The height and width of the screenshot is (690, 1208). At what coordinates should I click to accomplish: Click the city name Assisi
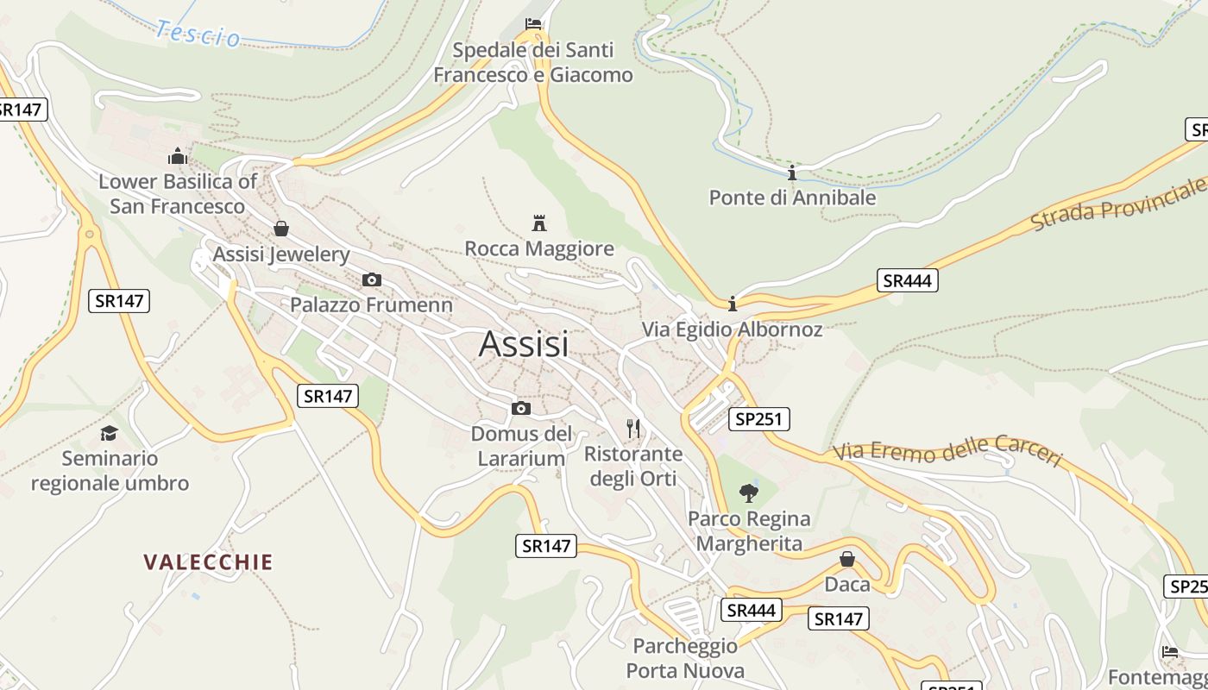point(524,344)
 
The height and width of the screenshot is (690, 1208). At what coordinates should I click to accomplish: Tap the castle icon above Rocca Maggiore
point(539,223)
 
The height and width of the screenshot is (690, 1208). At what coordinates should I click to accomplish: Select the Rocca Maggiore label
point(539,249)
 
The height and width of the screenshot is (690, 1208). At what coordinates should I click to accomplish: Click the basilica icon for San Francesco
point(178,156)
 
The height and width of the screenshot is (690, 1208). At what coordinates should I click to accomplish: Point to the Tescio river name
point(198,34)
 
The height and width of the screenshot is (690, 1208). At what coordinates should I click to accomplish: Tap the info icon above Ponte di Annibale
point(792,172)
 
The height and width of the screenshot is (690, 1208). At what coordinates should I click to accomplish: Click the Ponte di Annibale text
point(792,198)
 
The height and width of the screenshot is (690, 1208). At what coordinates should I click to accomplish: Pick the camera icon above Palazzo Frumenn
point(372,279)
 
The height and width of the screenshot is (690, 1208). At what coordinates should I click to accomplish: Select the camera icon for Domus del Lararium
point(521,408)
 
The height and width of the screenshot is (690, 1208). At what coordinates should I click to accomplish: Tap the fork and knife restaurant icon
point(634,428)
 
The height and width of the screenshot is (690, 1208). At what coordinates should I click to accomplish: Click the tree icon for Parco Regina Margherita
point(749,493)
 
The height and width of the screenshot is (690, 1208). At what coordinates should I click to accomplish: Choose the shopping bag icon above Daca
point(847,559)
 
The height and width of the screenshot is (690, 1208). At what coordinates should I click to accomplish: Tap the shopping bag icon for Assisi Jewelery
point(281,229)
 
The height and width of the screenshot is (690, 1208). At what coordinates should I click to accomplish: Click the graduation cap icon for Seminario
point(110,433)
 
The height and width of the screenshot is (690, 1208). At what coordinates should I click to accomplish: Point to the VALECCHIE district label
point(208,562)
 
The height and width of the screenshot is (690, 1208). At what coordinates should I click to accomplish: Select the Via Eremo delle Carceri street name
point(947,452)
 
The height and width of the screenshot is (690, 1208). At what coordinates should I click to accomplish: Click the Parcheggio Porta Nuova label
point(685,658)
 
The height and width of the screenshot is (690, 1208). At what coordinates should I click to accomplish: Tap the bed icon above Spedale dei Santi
point(533,24)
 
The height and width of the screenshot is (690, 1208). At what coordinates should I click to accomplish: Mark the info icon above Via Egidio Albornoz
point(733,304)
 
